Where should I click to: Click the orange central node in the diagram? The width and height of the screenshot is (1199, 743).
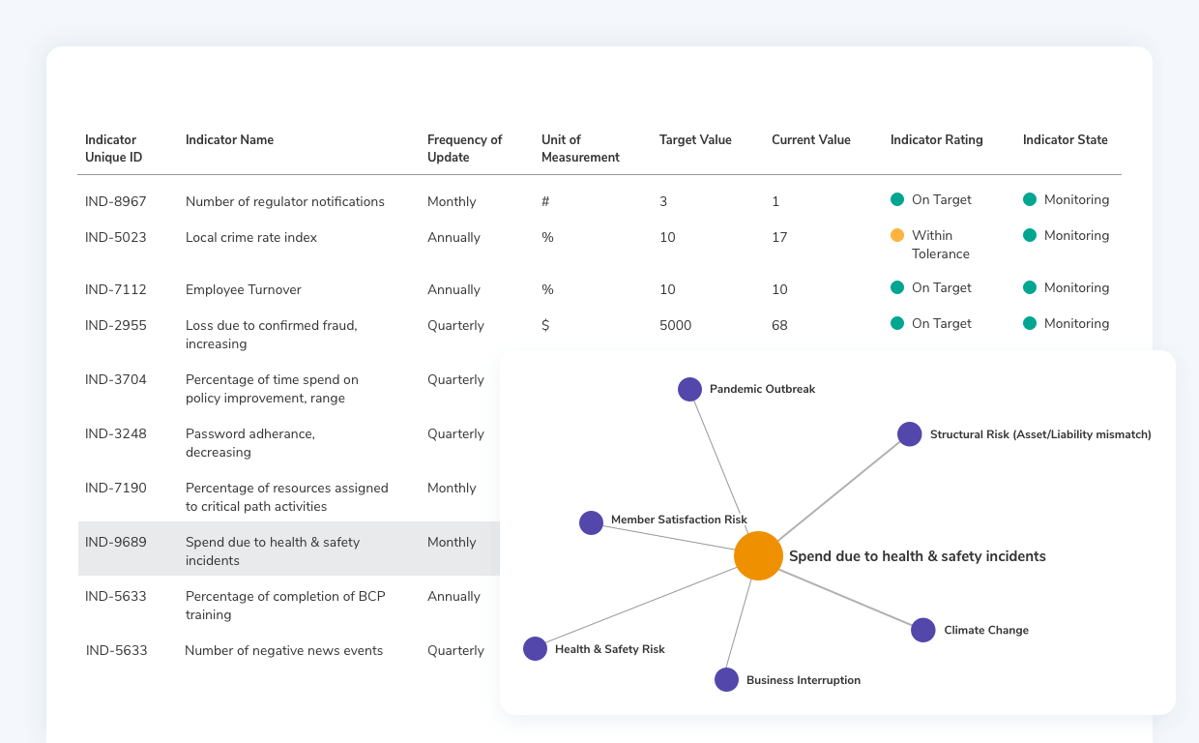(x=758, y=556)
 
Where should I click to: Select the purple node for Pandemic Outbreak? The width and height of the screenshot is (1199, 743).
(x=689, y=389)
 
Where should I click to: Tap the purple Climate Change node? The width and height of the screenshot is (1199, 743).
(x=923, y=630)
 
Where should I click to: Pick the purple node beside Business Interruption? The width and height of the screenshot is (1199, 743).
(x=726, y=680)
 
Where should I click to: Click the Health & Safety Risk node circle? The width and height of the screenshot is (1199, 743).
(x=535, y=649)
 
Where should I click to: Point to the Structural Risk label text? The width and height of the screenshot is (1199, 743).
(x=1040, y=434)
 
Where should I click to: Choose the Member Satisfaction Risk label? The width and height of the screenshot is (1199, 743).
(x=679, y=520)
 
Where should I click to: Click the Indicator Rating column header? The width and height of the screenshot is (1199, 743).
(x=936, y=139)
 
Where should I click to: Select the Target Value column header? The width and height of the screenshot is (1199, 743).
(x=695, y=139)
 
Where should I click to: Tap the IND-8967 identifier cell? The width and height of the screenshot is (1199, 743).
(x=116, y=201)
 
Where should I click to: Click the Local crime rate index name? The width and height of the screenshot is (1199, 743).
(x=251, y=237)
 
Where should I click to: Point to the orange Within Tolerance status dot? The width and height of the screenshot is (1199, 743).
(x=897, y=235)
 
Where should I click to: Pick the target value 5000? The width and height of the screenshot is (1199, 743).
(x=675, y=325)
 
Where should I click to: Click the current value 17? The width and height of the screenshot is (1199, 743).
(x=779, y=237)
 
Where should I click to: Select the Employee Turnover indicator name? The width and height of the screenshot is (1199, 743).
(x=244, y=289)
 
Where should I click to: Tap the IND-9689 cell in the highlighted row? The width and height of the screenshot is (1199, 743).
(x=116, y=542)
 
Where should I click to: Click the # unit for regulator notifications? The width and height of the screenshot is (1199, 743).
(x=545, y=201)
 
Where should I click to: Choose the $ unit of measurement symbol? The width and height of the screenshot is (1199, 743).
(x=545, y=325)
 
